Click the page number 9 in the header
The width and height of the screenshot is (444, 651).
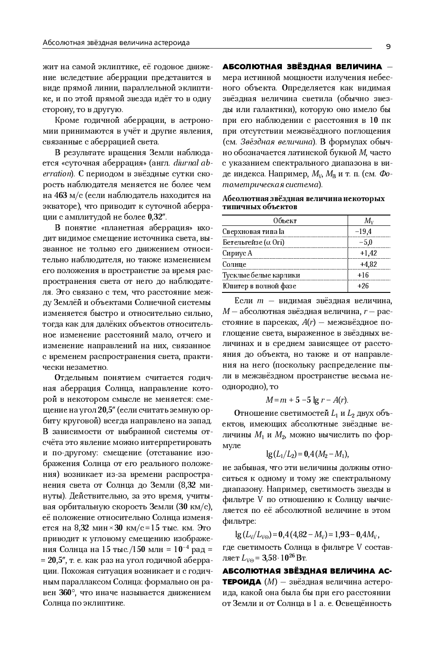pos(388,46)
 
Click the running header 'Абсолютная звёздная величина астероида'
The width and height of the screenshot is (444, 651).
pos(116,43)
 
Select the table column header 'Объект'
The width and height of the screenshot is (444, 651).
pos(285,220)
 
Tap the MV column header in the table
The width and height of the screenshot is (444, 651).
pos(369,220)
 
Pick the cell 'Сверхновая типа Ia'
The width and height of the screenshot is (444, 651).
pos(254,231)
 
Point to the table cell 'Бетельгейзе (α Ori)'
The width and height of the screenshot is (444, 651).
pos(254,242)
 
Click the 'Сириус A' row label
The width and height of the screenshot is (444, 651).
pos(237,253)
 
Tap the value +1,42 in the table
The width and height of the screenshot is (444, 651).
pos(368,253)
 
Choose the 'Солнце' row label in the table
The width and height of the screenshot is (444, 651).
pos(234,264)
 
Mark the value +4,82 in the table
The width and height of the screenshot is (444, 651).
pos(368,264)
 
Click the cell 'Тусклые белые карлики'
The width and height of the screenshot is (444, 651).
pos(261,275)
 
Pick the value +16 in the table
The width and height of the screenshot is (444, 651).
pos(362,275)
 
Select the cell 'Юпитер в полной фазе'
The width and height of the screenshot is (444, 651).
pos(259,286)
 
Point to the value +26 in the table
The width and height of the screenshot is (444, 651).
pos(362,286)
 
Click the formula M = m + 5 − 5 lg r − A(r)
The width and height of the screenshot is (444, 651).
pos(307,400)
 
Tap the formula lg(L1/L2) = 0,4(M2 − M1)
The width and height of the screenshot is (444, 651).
pos(308,454)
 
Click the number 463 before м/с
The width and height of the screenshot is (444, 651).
pos(61,195)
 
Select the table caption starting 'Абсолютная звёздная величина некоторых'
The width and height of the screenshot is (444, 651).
pos(304,202)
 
